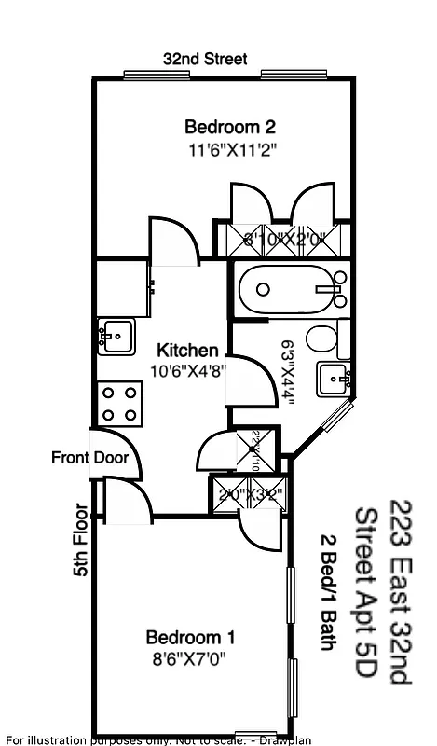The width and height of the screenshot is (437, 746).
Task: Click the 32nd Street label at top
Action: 205,59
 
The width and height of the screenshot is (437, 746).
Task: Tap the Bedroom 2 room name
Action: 230,127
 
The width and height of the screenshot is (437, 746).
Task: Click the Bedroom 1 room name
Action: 190,638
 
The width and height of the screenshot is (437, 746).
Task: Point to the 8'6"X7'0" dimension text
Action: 190,658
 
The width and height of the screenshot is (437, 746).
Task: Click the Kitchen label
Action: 188,351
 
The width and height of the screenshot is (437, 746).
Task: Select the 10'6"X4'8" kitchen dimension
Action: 189,370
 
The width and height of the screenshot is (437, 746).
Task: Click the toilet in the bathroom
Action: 323,342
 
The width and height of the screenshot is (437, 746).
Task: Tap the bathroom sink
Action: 333,380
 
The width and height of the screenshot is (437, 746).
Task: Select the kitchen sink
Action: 116,336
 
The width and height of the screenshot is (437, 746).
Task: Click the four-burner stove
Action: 119,404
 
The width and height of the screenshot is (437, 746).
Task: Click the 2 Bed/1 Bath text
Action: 328,592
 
